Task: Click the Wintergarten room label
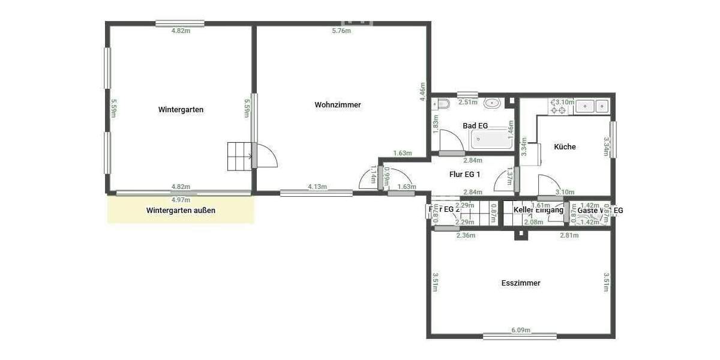coord(181,110)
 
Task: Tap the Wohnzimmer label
coord(338,105)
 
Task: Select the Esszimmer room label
coord(521,283)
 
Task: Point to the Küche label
coord(565,146)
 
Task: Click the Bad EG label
coord(475,126)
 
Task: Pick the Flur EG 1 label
coord(465,175)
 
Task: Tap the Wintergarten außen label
coord(181,211)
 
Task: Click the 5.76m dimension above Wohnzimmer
coord(341,31)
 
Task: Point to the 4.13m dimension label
coord(317,187)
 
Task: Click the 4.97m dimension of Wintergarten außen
coord(181,200)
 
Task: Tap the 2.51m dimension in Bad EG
coord(467,102)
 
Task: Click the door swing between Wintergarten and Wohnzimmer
coord(268,157)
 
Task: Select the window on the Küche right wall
coord(613,140)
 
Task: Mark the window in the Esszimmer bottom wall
coord(520,337)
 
